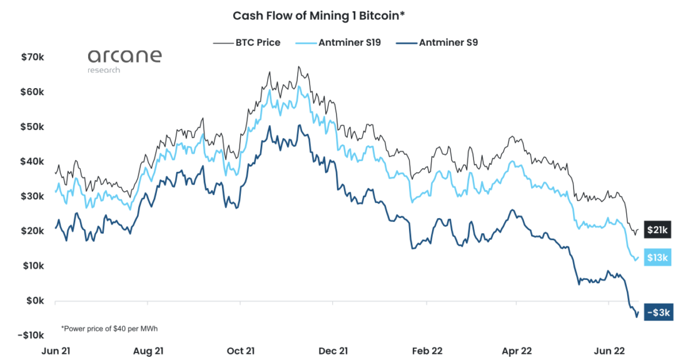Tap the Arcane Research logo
(124, 60)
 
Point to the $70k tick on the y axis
(32, 57)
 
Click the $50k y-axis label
(32, 126)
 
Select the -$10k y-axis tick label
(30, 335)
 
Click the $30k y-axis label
(32, 196)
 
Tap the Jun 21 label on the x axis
(55, 351)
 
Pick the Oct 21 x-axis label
(240, 351)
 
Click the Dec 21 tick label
(332, 351)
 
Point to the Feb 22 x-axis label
(427, 351)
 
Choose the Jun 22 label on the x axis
(609, 351)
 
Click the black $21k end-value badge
(657, 231)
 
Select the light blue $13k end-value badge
(657, 257)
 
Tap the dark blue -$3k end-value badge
(658, 312)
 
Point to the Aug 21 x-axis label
(148, 351)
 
